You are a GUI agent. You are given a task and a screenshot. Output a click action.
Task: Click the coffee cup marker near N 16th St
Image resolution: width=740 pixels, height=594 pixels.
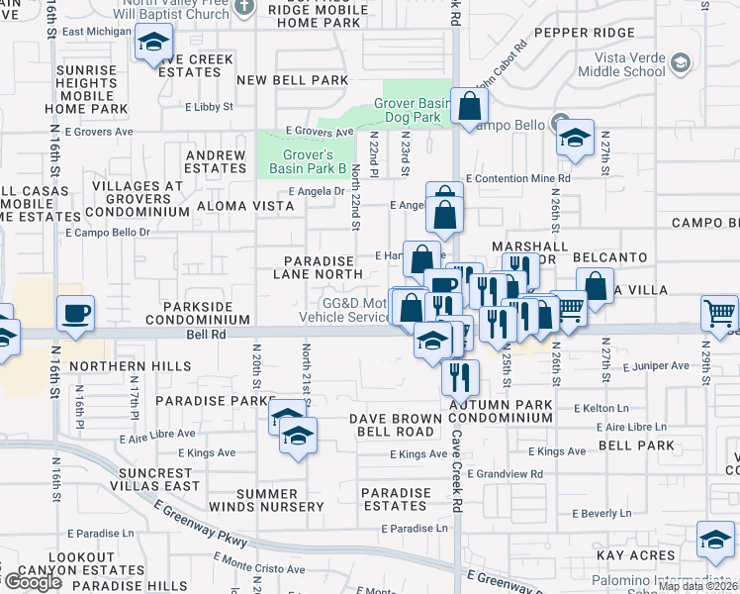point(75,315)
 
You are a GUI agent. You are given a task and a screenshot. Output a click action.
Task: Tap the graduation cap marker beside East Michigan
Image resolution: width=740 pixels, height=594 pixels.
point(153,43)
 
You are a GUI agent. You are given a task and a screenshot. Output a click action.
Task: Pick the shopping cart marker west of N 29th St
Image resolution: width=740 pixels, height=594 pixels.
point(719,314)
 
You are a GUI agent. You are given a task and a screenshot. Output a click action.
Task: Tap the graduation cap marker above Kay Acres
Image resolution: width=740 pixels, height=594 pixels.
point(715,540)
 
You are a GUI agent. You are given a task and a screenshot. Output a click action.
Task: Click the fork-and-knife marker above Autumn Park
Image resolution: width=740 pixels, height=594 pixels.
point(460,377)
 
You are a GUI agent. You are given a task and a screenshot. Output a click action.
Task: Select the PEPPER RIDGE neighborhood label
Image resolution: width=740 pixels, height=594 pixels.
point(585,33)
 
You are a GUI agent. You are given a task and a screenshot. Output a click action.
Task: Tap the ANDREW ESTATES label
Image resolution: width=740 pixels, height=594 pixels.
point(216,161)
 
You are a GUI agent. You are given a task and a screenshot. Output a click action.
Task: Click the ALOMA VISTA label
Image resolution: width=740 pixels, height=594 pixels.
point(244,205)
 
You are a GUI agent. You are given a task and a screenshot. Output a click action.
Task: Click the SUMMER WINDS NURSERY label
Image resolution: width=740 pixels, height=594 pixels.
point(280,500)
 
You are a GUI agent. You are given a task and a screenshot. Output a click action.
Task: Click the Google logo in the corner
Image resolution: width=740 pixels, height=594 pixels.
point(32,582)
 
